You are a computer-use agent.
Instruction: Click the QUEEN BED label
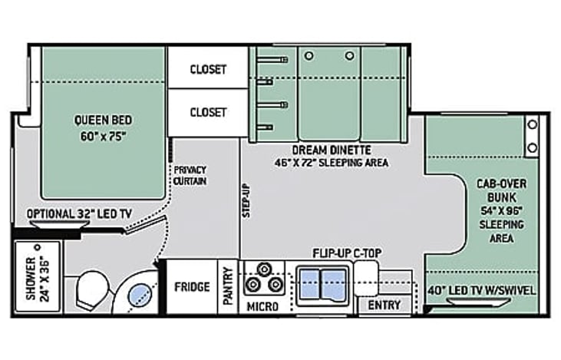pos(103,120)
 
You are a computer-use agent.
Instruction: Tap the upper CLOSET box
pos(208,68)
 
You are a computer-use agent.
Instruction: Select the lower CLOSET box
pos(208,112)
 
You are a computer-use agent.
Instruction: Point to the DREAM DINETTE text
pos(332,149)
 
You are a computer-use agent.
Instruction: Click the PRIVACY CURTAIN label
pos(190,175)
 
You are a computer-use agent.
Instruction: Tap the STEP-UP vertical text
pos(246,201)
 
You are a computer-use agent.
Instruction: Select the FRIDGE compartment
pos(192,286)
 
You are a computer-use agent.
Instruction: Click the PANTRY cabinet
pos(228,286)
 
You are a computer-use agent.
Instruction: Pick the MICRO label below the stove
pos(262,307)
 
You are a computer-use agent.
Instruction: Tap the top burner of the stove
pos(265,269)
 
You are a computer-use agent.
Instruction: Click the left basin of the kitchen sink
pos(309,284)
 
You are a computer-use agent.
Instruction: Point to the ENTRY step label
pos(384,306)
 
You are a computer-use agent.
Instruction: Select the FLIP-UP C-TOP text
pos(347,253)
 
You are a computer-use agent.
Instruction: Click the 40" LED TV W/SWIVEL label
pos(482,290)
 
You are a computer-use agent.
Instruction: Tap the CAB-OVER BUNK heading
pos(502,190)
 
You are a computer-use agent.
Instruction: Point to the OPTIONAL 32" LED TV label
pos(79,214)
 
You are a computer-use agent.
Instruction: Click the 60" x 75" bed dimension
pos(103,137)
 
